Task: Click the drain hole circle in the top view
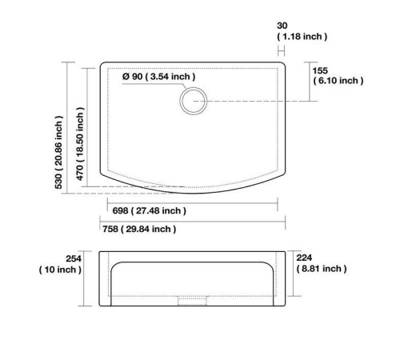194,88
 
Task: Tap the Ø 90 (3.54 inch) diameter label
159,77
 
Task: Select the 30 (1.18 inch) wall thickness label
302,31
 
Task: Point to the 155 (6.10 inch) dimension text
338,76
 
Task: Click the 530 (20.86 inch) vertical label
58,152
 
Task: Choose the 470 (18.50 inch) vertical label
80,144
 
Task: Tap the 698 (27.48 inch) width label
149,210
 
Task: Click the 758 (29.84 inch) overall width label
139,229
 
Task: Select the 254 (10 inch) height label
60,264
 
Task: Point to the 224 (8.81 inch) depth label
322,263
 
